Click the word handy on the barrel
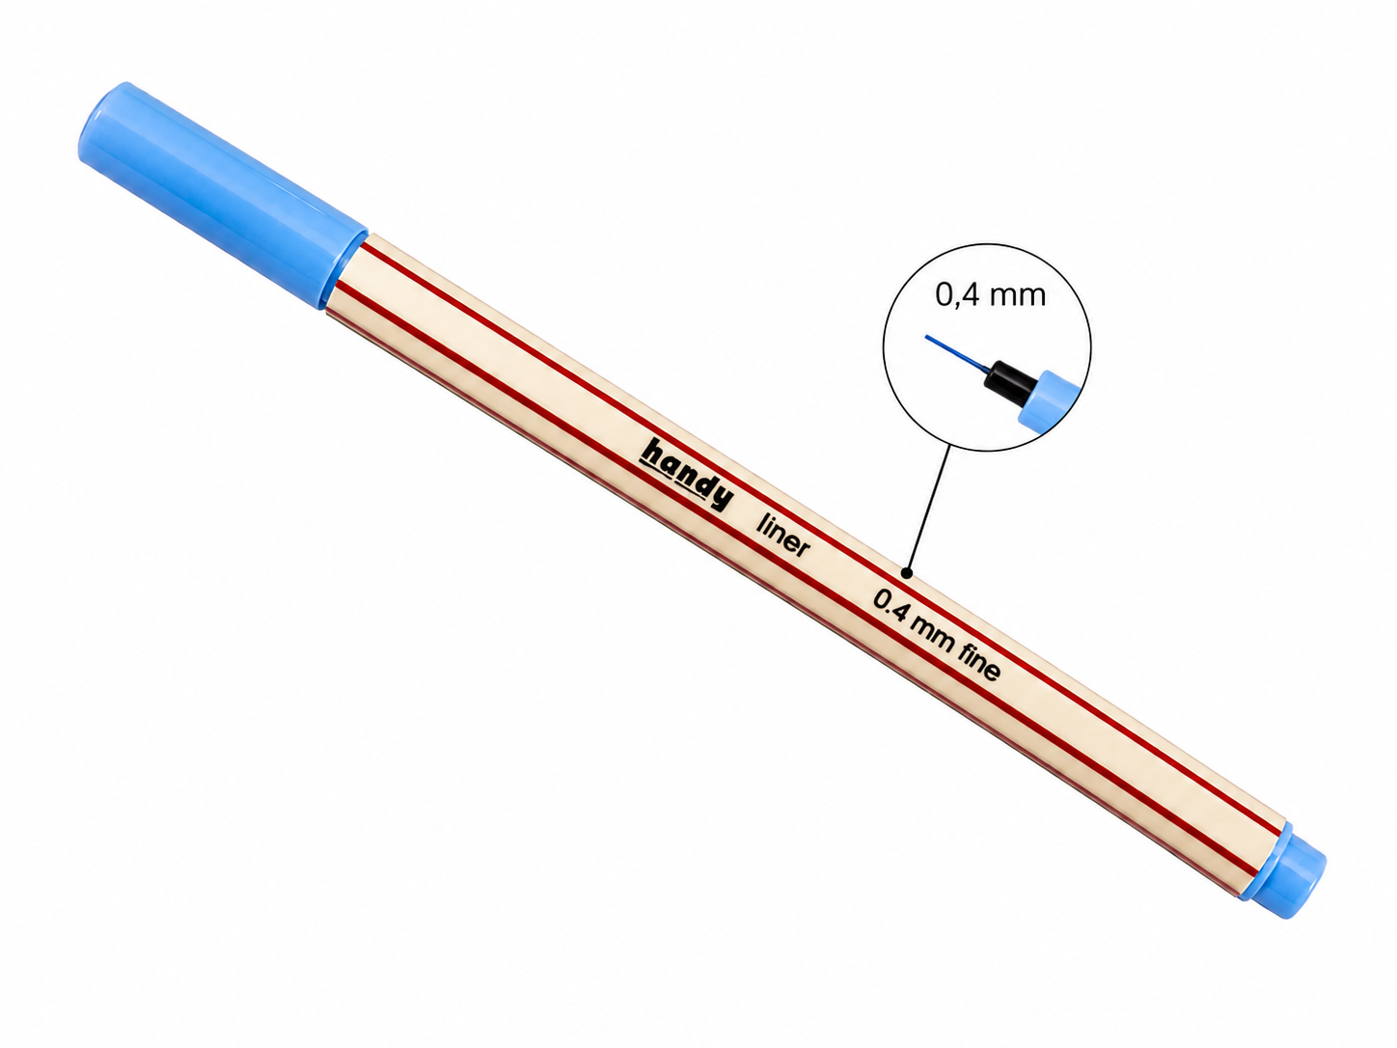click(687, 473)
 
